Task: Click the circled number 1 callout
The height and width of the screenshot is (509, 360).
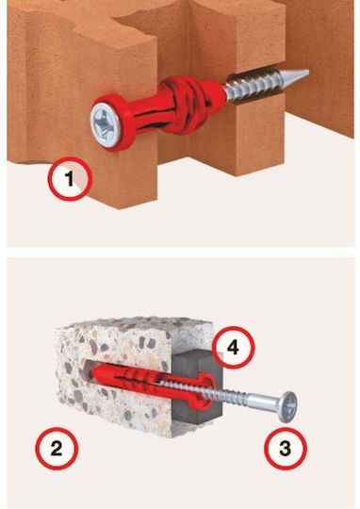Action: click(70, 178)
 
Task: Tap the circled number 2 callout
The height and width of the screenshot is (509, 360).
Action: click(57, 449)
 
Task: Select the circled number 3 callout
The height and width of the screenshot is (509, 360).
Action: click(285, 449)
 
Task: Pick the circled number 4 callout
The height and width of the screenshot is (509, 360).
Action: click(233, 347)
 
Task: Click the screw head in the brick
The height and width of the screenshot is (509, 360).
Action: click(103, 124)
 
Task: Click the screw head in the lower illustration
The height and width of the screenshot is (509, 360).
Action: click(288, 407)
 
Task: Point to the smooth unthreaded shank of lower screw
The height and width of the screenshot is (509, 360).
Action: click(265, 400)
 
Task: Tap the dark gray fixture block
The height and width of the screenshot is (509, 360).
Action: click(198, 386)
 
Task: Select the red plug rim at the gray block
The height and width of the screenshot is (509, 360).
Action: click(204, 391)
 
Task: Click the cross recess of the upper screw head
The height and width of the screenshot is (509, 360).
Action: click(104, 124)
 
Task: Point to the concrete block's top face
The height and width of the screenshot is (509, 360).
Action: click(137, 329)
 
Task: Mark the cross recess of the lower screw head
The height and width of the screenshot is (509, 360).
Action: click(290, 406)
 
